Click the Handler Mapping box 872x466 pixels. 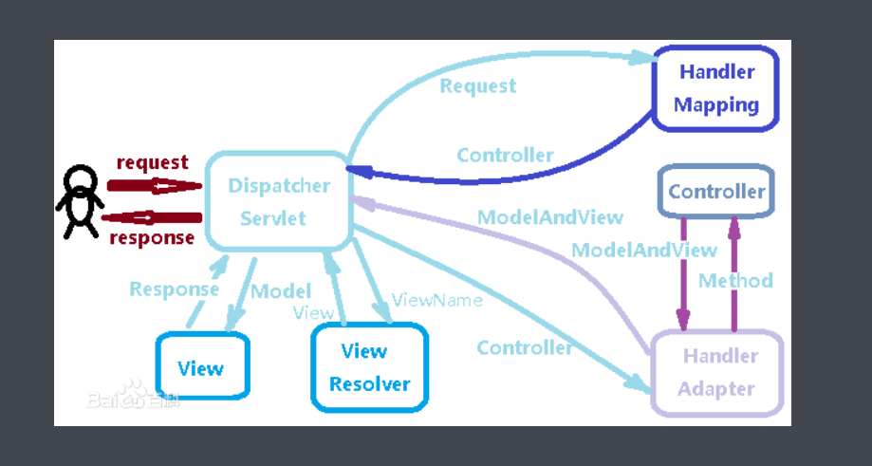[715, 87]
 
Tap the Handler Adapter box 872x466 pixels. [717, 372]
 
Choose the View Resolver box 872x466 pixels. [369, 367]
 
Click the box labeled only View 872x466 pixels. [202, 367]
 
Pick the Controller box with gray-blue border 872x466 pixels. [716, 192]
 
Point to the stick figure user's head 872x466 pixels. [80, 179]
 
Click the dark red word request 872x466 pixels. [152, 163]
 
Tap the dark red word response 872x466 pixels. [152, 237]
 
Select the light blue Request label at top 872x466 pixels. [478, 86]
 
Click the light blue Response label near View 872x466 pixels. [175, 289]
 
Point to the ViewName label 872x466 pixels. [437, 300]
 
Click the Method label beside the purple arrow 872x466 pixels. [735, 281]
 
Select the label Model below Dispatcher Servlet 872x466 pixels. [281, 290]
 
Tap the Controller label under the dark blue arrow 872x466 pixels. [505, 155]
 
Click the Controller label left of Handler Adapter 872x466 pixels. [525, 347]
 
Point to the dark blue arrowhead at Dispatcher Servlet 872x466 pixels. [355, 170]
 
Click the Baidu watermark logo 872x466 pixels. [134, 399]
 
